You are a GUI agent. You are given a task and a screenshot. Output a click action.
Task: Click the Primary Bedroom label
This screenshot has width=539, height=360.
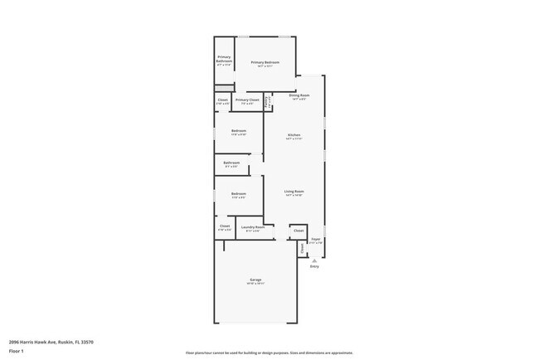pyautogui.click(x=265, y=62)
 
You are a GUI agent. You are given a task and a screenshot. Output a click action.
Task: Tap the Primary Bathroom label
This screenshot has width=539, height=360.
pyautogui.click(x=224, y=59)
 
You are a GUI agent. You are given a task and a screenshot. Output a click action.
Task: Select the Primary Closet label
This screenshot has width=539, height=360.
pyautogui.click(x=247, y=100)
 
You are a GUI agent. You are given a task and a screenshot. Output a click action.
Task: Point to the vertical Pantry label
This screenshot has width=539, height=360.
pyautogui.click(x=267, y=102)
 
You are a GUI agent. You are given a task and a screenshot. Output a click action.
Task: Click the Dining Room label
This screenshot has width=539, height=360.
pyautogui.click(x=299, y=95)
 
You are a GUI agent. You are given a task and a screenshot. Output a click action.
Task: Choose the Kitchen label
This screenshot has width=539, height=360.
pyautogui.click(x=294, y=135)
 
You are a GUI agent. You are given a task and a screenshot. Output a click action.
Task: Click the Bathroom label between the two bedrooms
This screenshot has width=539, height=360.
pyautogui.click(x=231, y=163)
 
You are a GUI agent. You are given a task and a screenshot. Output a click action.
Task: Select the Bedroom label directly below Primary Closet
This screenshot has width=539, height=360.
pyautogui.click(x=239, y=130)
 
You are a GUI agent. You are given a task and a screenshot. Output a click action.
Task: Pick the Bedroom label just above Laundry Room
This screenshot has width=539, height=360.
pyautogui.click(x=239, y=194)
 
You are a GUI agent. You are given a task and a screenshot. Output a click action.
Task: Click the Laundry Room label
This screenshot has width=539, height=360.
pyautogui.click(x=253, y=226)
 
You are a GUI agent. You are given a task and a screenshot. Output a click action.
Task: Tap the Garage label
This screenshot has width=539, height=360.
pyautogui.click(x=255, y=280)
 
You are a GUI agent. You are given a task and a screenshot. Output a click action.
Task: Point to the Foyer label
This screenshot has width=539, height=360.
pyautogui.click(x=316, y=239)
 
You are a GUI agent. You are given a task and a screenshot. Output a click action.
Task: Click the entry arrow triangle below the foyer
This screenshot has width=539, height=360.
pyautogui.click(x=314, y=260)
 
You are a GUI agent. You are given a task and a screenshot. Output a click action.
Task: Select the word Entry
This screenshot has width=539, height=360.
pyautogui.click(x=314, y=266)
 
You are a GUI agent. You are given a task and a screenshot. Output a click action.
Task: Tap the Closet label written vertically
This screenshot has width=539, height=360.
pyautogui.click(x=302, y=246)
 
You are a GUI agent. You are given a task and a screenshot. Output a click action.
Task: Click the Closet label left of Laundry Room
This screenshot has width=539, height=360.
pyautogui.click(x=225, y=226)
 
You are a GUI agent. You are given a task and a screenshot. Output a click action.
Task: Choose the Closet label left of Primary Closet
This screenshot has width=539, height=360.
pyautogui.click(x=222, y=100)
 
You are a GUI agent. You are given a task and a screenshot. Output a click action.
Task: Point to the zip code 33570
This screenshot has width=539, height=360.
pyautogui.click(x=85, y=341)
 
